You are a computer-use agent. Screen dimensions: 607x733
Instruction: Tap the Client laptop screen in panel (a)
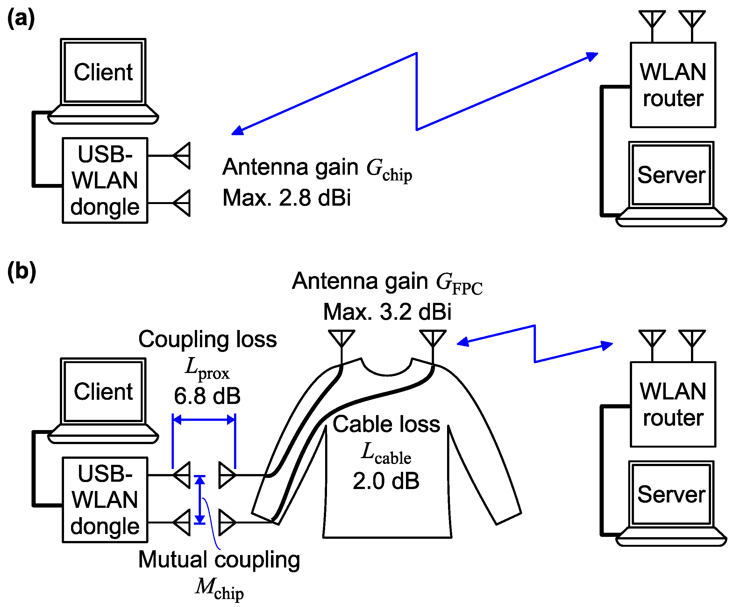(x=103, y=72)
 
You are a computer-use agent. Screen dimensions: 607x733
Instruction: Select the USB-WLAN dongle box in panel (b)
(x=105, y=500)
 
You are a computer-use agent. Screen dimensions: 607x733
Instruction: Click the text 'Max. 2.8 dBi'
(x=286, y=198)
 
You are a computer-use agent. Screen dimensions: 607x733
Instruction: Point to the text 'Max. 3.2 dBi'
(x=387, y=312)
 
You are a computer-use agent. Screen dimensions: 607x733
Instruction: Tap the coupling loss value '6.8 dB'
(x=207, y=396)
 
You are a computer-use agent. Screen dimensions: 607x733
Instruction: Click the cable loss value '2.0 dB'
(x=386, y=481)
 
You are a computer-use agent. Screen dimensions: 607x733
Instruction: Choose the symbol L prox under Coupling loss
(x=207, y=368)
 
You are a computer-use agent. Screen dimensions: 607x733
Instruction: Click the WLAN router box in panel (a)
(x=673, y=85)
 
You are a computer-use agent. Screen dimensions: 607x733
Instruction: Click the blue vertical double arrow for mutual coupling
(x=200, y=500)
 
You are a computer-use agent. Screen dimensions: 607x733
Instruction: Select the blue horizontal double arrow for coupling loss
(x=204, y=420)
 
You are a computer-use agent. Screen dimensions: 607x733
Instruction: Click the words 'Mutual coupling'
(x=219, y=559)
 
